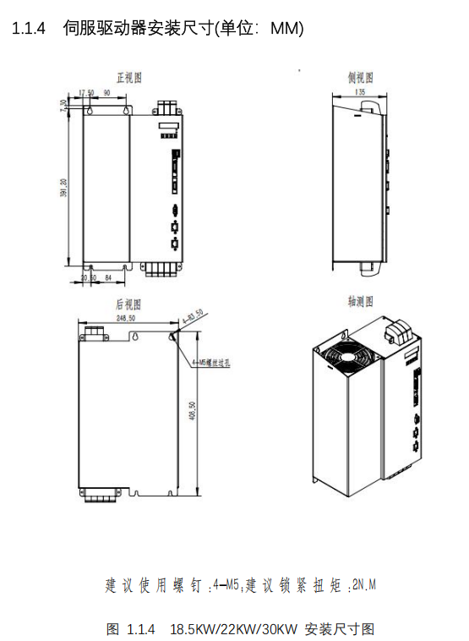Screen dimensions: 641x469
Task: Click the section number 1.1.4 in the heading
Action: coord(31,30)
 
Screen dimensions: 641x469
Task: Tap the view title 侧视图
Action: coord(360,78)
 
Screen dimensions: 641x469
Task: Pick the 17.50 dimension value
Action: coord(85,92)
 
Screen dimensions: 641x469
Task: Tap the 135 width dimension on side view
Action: coord(360,92)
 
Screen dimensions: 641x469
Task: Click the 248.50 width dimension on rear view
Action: coord(128,319)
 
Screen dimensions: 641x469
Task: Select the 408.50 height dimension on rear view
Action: coord(193,412)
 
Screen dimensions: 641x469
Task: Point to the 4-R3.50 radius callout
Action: coord(194,315)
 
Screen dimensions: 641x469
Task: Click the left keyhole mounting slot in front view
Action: coord(92,111)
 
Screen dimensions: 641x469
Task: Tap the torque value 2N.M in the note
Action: coord(363,584)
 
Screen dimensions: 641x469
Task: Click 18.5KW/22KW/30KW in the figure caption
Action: coord(221,629)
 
